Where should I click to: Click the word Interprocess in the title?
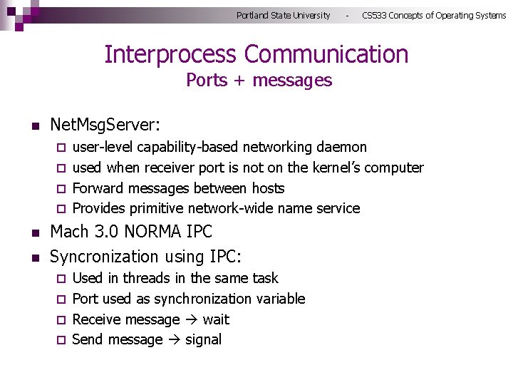coord(170,55)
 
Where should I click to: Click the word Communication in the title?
coord(326,55)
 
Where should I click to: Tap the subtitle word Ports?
coord(206,81)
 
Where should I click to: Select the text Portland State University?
coord(283,15)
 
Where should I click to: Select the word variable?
coord(280,299)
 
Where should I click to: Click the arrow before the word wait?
coord(192,319)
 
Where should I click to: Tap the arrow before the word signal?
coord(174,340)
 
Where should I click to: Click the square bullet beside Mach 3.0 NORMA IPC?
coord(34,233)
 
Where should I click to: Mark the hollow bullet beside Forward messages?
coord(61,189)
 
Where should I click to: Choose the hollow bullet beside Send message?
coord(61,341)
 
